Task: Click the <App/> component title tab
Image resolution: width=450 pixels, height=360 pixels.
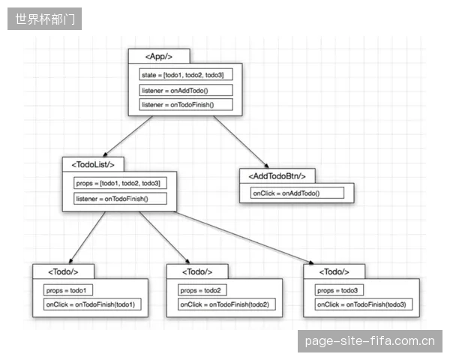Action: coord(159,56)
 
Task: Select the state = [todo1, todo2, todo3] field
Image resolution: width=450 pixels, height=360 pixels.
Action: coord(186,75)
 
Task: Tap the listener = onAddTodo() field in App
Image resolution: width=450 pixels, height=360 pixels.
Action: coord(186,91)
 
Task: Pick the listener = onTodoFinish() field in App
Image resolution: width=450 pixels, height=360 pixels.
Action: coord(186,104)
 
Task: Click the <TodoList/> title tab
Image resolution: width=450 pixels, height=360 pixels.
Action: coord(93,164)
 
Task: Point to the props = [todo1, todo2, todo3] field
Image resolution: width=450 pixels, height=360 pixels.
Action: coord(120,183)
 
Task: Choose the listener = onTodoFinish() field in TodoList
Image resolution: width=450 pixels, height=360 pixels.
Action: coord(120,199)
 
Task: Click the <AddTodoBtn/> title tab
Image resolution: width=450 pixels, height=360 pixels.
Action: coord(277,176)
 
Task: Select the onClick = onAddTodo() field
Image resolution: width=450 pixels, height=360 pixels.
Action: coord(297,193)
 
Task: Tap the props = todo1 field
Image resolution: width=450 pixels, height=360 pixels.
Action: coord(68,290)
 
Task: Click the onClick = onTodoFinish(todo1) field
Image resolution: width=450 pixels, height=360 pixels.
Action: coord(92,304)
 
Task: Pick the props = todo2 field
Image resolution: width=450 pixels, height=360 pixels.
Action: coord(202,290)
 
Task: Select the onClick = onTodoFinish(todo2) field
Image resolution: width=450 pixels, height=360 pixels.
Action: coord(226,304)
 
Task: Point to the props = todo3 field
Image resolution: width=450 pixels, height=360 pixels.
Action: coord(339,290)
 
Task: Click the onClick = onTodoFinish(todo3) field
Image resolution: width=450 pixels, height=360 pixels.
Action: coord(364,304)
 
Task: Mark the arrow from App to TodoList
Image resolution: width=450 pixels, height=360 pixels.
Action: coord(127,136)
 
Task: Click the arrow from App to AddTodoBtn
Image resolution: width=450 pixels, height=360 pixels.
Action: coord(241,142)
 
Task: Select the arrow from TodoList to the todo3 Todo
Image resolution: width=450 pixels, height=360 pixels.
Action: coord(244,238)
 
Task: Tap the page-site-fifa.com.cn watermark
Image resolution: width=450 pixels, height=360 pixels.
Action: coord(370,341)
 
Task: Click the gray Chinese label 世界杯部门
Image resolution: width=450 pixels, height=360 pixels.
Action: coord(45,19)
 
